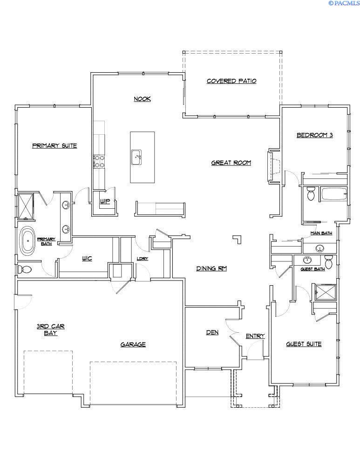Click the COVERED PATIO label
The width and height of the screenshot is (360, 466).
tap(231, 81)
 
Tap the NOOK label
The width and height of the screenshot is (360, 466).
tap(142, 99)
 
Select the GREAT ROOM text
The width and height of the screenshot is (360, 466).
tap(231, 163)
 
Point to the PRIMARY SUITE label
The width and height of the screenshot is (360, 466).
tap(54, 145)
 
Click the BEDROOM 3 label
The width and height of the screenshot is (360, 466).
tap(315, 136)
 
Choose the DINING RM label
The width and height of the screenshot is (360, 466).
tap(211, 268)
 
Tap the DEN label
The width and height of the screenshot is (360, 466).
tap(212, 332)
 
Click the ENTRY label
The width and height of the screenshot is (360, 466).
tap(255, 336)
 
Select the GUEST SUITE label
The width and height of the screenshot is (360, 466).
tap(303, 344)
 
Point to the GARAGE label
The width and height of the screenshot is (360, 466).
tap(133, 344)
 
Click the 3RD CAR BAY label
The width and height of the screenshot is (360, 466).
tap(50, 330)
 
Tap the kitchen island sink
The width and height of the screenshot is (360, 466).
tap(137, 156)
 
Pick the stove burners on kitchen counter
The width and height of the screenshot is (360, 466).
tap(99, 161)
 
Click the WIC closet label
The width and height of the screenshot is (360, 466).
tap(87, 259)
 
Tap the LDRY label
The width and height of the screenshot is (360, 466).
tap(142, 259)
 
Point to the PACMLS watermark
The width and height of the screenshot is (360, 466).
tap(344, 3)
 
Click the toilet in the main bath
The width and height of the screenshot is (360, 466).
tap(311, 193)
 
